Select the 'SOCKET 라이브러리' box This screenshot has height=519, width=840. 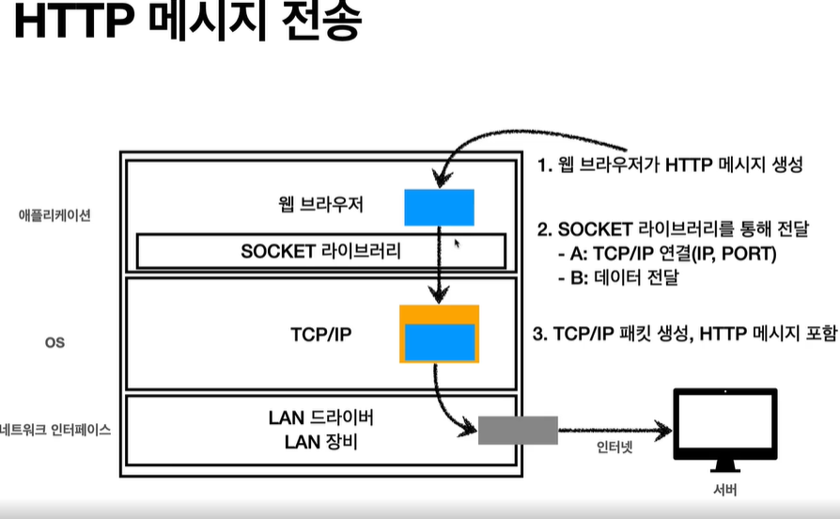click(x=321, y=251)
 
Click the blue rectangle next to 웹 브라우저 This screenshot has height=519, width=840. click(x=439, y=207)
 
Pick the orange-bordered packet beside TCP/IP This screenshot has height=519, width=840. click(x=439, y=334)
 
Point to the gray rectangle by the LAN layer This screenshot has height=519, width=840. click(x=518, y=430)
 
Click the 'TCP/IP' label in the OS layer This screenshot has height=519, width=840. click(x=321, y=334)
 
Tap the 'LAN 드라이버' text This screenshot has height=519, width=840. click(x=321, y=417)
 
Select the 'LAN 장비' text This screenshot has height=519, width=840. click(x=321, y=440)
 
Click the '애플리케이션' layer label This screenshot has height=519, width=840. click(x=55, y=215)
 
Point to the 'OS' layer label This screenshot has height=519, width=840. click(x=54, y=342)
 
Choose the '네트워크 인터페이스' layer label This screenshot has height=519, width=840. click(x=56, y=430)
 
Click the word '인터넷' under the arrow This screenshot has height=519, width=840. click(x=615, y=448)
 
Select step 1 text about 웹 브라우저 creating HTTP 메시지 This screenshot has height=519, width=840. click(x=670, y=165)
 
